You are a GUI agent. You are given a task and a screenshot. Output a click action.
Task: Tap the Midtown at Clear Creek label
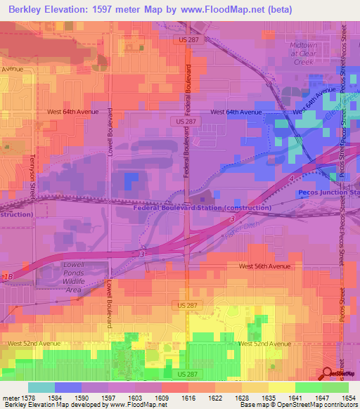[x=304, y=53]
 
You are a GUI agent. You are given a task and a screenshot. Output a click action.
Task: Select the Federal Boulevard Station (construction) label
[x=202, y=208]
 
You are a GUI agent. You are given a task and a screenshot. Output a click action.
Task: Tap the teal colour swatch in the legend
[x=41, y=387]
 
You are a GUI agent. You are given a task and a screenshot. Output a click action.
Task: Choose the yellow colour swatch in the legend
[x=281, y=387]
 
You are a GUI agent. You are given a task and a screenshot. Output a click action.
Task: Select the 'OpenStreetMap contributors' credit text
[x=319, y=405]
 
